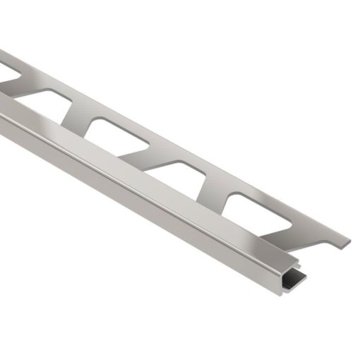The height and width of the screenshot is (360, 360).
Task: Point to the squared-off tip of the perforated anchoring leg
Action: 346,242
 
